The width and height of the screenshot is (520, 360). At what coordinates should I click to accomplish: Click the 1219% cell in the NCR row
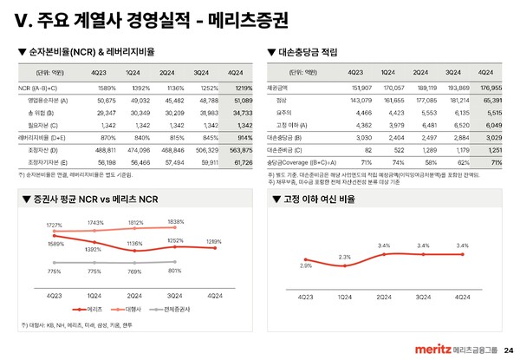click(244, 88)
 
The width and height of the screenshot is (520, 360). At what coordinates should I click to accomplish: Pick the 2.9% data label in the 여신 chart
click(306, 267)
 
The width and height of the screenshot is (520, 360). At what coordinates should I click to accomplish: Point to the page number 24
click(508, 350)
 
